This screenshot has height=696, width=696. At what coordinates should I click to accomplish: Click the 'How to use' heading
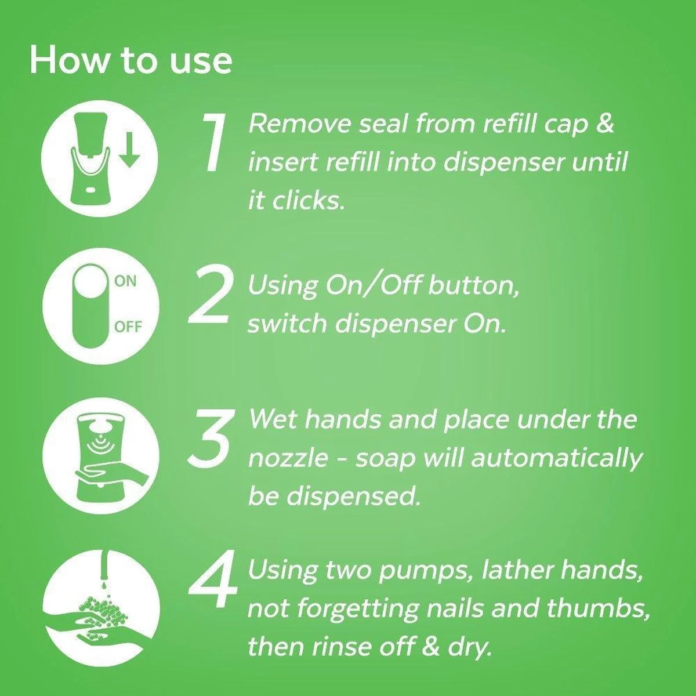[130, 60]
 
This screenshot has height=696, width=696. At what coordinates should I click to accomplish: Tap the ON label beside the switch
[125, 282]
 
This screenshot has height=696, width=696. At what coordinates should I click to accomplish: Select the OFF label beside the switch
[128, 327]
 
